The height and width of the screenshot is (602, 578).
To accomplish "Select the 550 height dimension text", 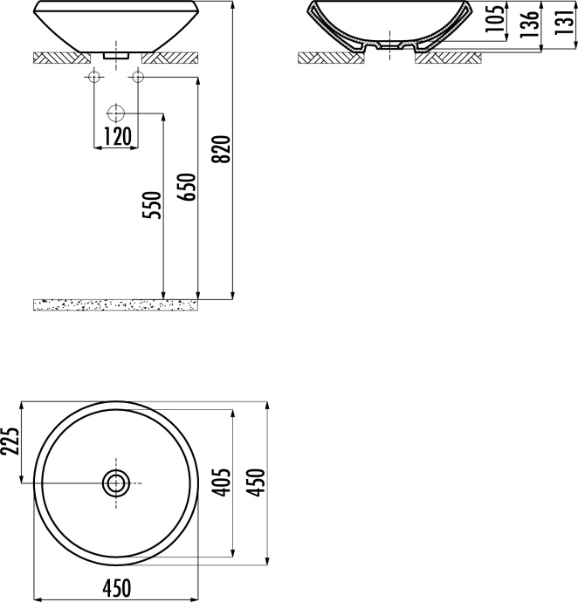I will pyautogui.click(x=153, y=205).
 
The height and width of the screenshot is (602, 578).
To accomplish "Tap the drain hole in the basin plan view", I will pyautogui.click(x=116, y=482).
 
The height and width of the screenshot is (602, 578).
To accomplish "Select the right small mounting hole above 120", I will pyautogui.click(x=137, y=79).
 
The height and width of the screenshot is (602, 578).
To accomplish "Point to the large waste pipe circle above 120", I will pyautogui.click(x=116, y=113).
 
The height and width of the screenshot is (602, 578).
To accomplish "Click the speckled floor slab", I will pyautogui.click(x=114, y=304).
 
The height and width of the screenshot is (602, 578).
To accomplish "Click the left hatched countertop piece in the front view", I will pyautogui.click(x=59, y=58).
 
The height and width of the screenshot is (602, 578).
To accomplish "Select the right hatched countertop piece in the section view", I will pyautogui.click(x=447, y=58).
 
